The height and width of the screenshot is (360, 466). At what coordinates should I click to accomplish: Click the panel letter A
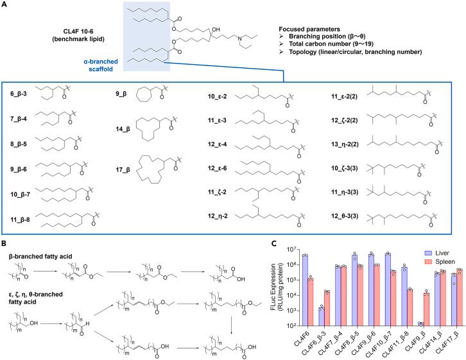pyautogui.click(x=6, y=5)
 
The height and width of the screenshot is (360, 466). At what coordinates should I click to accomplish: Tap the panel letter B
pyautogui.click(x=6, y=227)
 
